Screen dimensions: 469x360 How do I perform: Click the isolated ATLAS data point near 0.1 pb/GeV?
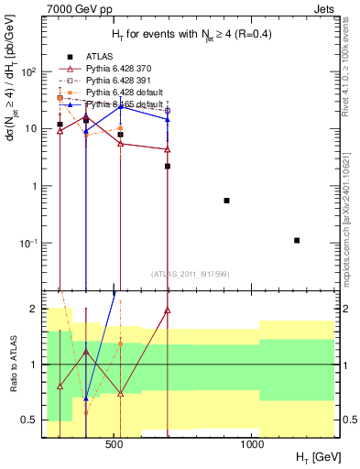[x=297, y=240]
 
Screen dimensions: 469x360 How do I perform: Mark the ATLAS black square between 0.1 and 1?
[x=226, y=201]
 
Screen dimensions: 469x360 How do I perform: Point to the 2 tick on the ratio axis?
[x=32, y=309]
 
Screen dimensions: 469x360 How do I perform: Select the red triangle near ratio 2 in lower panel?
[x=168, y=311]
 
